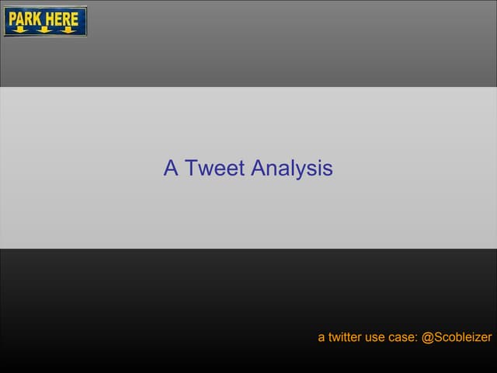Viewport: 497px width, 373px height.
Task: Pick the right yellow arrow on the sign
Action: click(68, 30)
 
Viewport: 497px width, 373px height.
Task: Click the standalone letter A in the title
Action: click(171, 168)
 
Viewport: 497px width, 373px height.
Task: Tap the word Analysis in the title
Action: click(292, 169)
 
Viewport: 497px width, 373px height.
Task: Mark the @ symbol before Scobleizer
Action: click(426, 338)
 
